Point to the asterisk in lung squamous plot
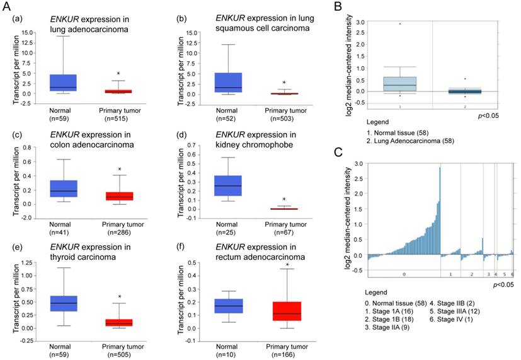[284, 83]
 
